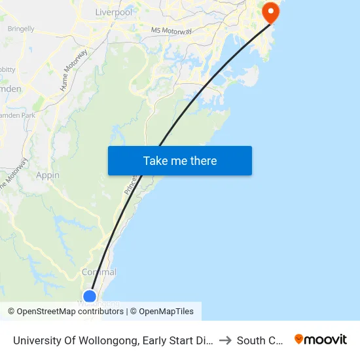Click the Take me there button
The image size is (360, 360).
point(179,160)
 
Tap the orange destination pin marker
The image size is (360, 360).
point(270,12)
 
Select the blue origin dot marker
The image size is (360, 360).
point(90,297)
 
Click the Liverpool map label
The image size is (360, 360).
point(113,12)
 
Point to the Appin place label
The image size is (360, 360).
point(48,175)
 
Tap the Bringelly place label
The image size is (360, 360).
point(21,29)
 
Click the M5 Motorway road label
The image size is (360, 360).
point(171,31)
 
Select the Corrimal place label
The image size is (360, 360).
point(99,272)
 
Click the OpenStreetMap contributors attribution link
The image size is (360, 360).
point(70,312)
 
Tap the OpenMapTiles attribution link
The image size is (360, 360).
point(166,312)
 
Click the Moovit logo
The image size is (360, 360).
point(321,340)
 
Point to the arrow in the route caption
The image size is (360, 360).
point(225,340)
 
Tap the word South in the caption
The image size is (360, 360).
point(251,340)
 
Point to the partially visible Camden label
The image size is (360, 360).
point(10,88)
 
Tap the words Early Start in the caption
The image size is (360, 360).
point(178,340)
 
